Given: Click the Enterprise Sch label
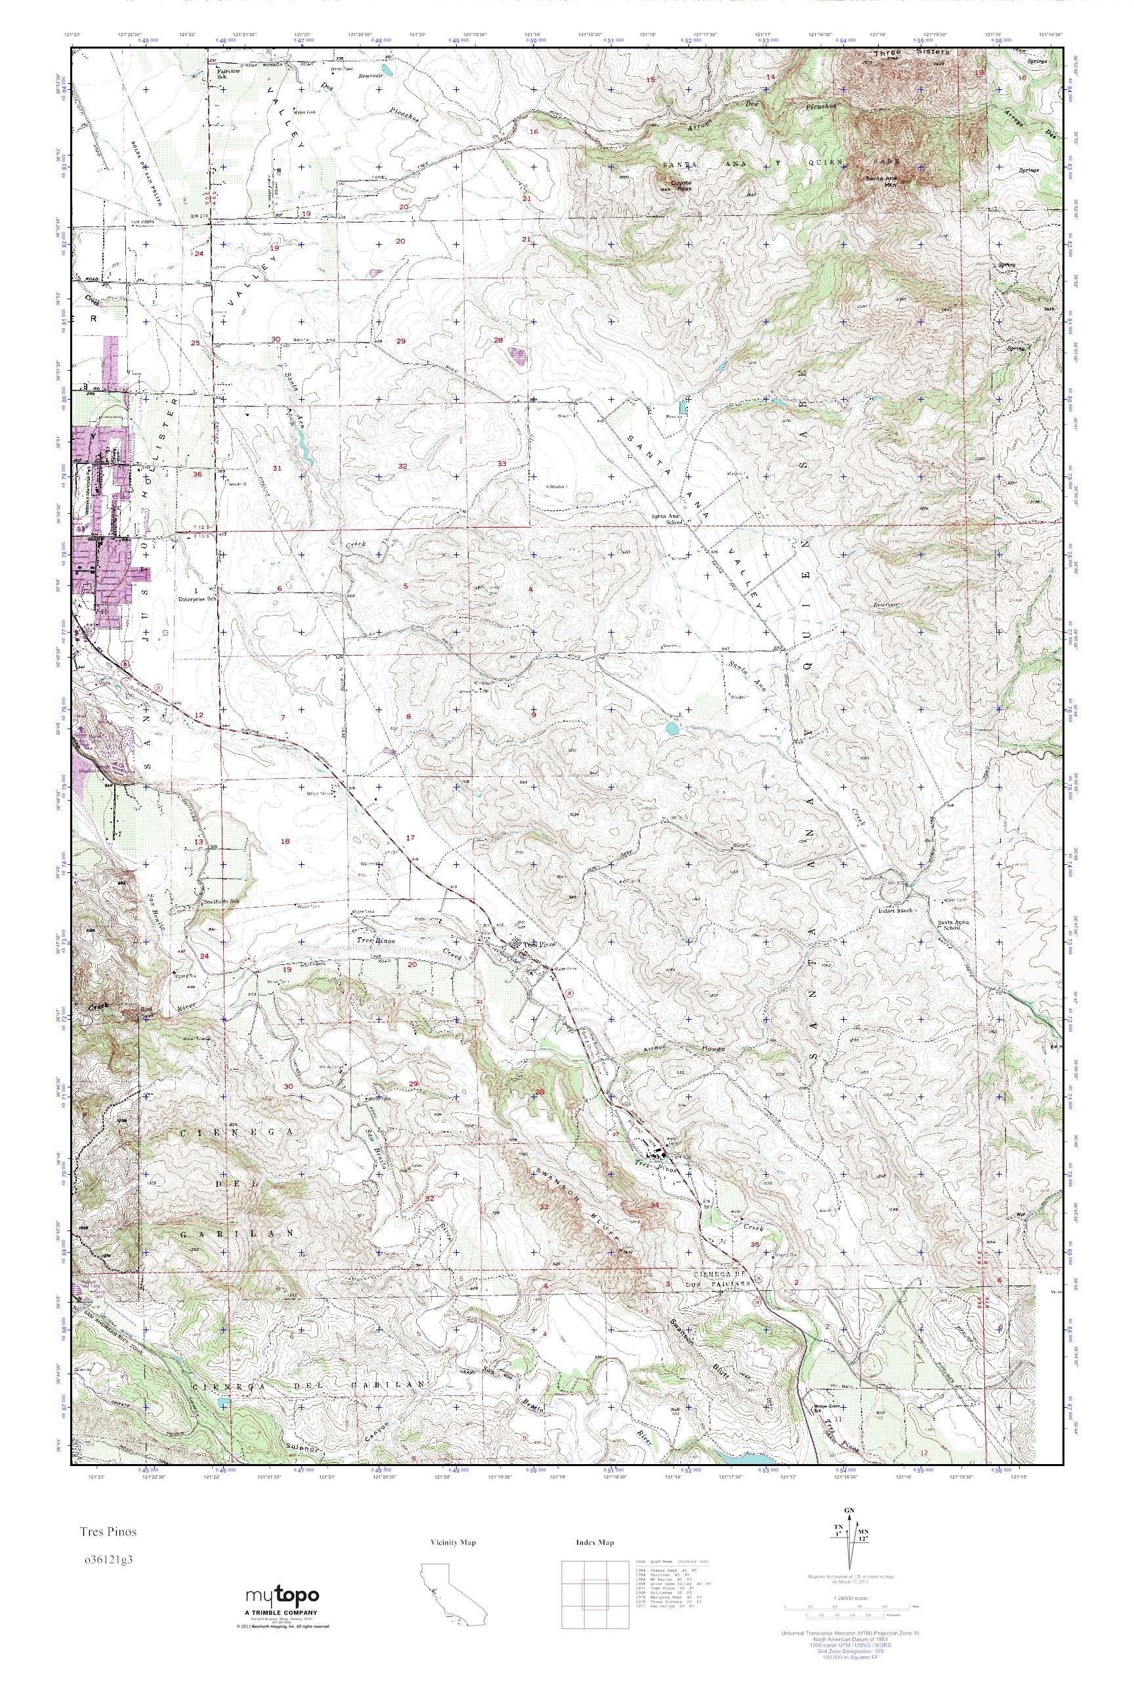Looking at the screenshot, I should pos(198,598).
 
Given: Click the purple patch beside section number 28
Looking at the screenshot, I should pos(518,355).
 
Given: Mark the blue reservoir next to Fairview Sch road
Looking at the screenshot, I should pos(388,72).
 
